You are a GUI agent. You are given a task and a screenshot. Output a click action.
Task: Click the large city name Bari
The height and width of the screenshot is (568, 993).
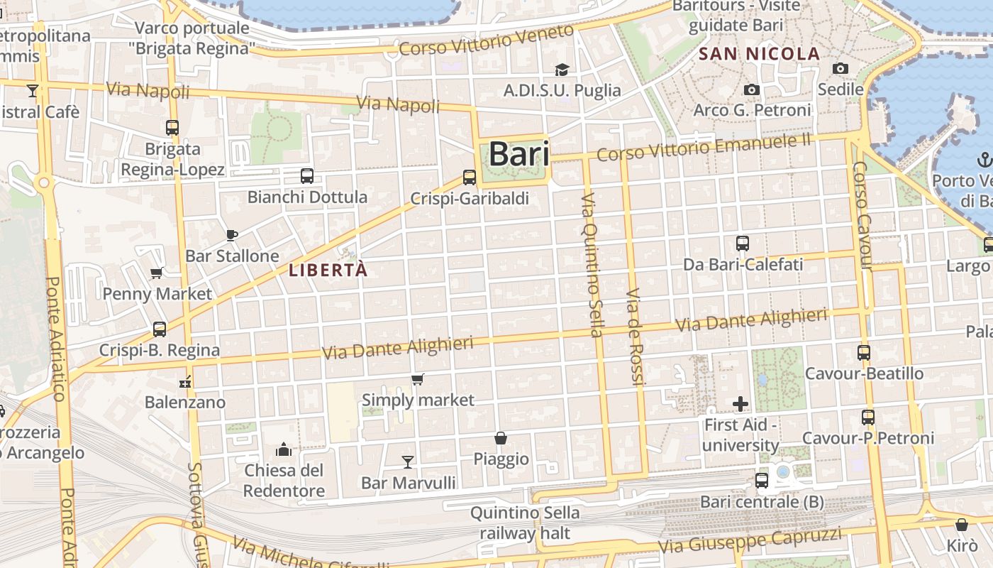[518, 154]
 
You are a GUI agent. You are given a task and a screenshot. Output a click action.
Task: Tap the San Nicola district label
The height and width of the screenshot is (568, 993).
[759, 54]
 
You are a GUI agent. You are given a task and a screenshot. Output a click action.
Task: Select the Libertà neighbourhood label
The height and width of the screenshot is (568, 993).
[328, 270]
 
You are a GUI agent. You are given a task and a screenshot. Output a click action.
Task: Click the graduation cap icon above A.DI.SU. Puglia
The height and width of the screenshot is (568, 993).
[562, 70]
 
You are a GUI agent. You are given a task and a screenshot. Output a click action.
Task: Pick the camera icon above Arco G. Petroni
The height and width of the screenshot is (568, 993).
[752, 89]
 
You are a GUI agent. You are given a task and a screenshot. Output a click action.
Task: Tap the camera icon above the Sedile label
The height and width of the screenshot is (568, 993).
[841, 69]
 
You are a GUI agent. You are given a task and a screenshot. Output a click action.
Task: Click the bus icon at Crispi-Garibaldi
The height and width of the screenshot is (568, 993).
[469, 177]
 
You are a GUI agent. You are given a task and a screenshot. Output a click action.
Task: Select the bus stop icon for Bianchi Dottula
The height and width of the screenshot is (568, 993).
[307, 176]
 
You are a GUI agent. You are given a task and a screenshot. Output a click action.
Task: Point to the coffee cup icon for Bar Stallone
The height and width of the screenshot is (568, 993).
[231, 235]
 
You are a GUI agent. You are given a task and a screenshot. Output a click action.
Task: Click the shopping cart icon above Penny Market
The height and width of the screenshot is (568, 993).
[157, 273]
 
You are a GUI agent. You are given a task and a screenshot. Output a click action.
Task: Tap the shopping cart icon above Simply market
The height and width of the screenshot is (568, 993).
[418, 380]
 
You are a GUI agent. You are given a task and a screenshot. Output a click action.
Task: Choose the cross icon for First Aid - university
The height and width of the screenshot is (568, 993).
[740, 404]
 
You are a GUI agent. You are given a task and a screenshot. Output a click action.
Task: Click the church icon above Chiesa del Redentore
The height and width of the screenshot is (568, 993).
[284, 449]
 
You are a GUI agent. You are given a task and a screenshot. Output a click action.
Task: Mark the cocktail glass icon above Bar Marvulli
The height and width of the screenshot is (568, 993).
[408, 462]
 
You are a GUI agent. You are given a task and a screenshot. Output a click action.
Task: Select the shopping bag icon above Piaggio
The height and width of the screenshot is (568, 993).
[501, 438]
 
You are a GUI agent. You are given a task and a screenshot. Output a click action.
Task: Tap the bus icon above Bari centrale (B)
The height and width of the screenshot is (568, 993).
[762, 481]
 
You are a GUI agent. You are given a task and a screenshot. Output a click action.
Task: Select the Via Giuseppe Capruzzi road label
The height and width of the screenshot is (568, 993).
[750, 541]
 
